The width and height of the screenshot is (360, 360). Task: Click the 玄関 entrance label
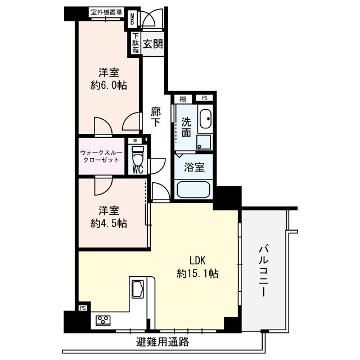(152, 44)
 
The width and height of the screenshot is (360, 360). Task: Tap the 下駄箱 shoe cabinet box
(136, 44)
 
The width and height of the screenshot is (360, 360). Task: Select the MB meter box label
(133, 20)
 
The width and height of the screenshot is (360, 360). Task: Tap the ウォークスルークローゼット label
(103, 156)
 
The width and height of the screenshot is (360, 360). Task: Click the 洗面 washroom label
(187, 127)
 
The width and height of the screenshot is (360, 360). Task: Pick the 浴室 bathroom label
(195, 167)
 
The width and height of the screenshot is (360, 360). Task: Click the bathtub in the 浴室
(194, 188)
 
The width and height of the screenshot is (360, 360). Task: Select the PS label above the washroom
(204, 98)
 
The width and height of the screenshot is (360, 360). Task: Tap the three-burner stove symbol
(103, 321)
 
